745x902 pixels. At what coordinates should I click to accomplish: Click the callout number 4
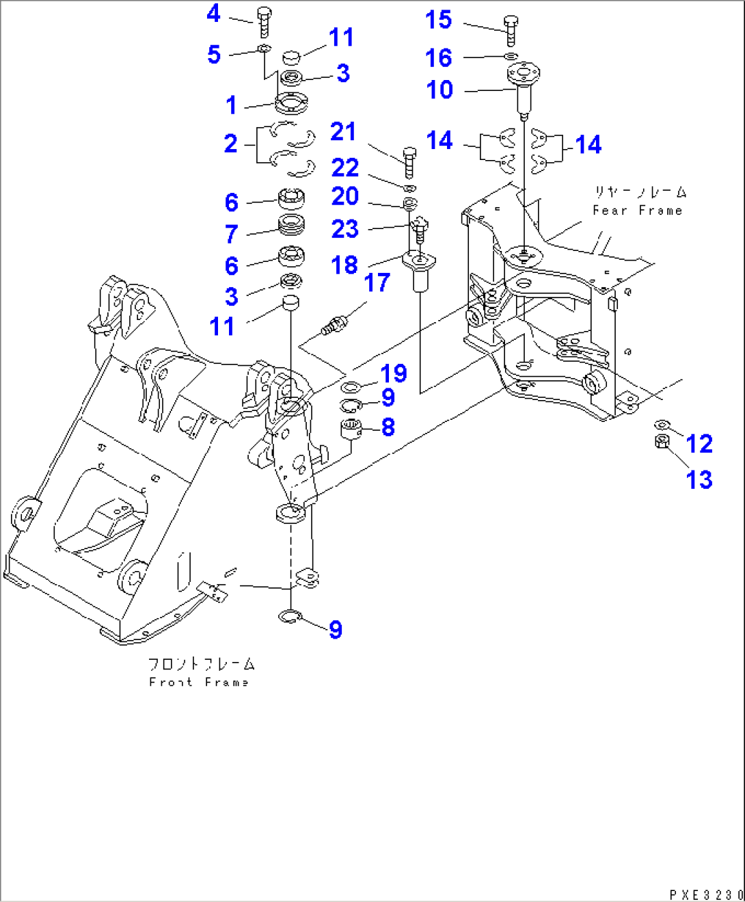pos(214,14)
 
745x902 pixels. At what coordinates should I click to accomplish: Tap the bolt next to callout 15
pos(511,30)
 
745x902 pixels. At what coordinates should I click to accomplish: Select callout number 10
pos(439,90)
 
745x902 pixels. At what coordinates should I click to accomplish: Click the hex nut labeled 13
pos(661,442)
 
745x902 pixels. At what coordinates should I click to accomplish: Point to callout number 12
pos(699,444)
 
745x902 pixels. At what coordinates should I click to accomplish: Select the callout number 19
pos(393,373)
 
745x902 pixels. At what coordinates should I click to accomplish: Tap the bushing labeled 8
pos(351,431)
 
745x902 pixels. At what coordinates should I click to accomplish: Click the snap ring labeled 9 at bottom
pos(290,617)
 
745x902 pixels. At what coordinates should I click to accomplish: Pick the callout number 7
pos(232,235)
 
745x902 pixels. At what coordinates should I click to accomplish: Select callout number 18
pos(344,265)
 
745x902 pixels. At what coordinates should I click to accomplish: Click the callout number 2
pos(231,144)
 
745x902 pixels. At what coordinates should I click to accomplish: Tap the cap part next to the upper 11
pos(292,55)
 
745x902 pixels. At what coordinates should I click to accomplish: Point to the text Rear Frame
pos(637,211)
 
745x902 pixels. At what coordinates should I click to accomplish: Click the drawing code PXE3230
pos(705,894)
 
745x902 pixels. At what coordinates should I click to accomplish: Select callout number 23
pos(344,229)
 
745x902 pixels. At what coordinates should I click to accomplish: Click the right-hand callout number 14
pos(588,145)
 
